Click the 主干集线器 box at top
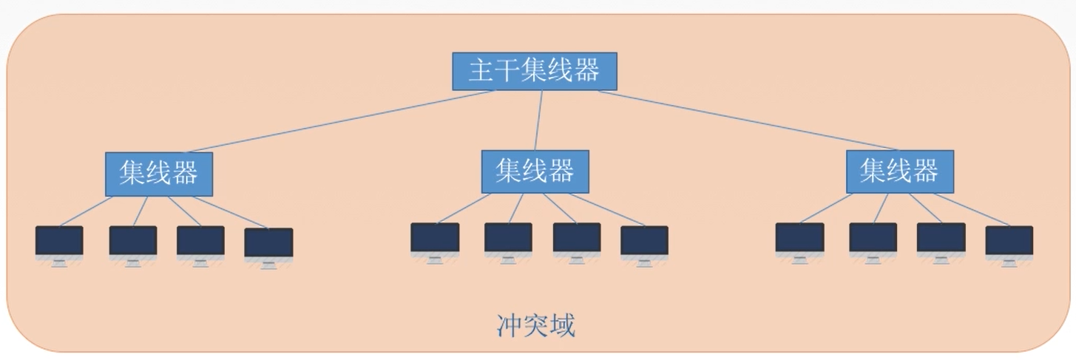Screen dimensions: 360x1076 pyautogui.click(x=535, y=71)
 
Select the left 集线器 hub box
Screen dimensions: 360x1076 pyautogui.click(x=159, y=174)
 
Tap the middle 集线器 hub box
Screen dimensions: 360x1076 pyautogui.click(x=535, y=171)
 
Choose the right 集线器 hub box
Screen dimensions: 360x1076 pyautogui.click(x=899, y=171)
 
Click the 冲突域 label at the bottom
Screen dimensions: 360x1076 pyautogui.click(x=535, y=325)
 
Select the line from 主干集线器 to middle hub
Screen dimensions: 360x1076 pyautogui.click(x=539, y=120)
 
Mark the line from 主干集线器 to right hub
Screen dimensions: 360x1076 pyautogui.click(x=747, y=120)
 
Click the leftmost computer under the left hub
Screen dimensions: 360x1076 pyautogui.click(x=59, y=242)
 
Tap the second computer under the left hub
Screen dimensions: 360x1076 pyautogui.click(x=133, y=242)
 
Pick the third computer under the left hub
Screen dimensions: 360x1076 pyautogui.click(x=200, y=242)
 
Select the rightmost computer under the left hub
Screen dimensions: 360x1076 pyautogui.click(x=268, y=243)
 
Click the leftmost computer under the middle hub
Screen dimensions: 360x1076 pyautogui.click(x=435, y=239)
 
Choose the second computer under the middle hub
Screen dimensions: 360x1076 pyautogui.click(x=508, y=239)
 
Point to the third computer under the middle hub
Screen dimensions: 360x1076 pyautogui.click(x=577, y=239)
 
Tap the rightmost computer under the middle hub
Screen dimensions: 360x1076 pyautogui.click(x=644, y=242)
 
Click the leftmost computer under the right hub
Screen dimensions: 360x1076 pyautogui.click(x=799, y=239)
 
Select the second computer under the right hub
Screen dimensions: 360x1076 pyautogui.click(x=873, y=239)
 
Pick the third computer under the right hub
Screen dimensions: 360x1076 pyautogui.click(x=941, y=239)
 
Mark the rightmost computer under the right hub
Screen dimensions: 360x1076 pyautogui.click(x=1009, y=242)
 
